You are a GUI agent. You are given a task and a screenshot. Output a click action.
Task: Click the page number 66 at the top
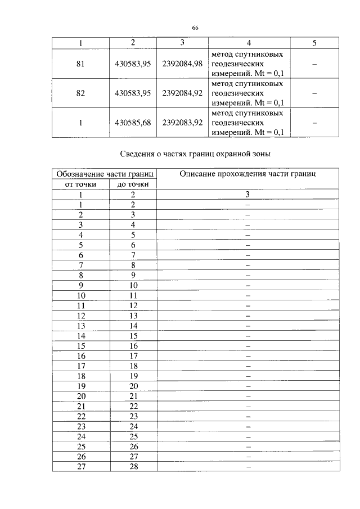point(195,28)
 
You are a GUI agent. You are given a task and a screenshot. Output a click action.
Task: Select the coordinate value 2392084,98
point(182,64)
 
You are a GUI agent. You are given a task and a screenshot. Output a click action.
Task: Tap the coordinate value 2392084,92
point(182,93)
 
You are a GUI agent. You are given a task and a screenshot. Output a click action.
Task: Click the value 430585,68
point(132,123)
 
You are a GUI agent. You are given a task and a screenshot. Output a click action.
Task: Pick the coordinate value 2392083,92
point(182,123)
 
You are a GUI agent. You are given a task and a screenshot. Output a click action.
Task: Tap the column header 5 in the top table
point(314,43)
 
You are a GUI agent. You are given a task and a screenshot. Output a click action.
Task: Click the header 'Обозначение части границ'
point(105,174)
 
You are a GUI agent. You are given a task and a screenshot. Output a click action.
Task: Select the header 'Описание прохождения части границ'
point(247,174)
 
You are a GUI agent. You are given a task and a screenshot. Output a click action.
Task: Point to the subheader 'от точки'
point(81,184)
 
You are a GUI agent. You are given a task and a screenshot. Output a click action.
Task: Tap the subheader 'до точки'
point(133,184)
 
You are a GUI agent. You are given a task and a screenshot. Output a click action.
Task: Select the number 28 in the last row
point(133,466)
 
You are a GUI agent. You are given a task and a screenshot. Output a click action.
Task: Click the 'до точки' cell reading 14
point(133,325)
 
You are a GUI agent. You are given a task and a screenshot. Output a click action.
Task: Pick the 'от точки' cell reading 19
point(81,386)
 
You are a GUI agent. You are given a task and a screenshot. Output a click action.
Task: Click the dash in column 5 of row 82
point(314,94)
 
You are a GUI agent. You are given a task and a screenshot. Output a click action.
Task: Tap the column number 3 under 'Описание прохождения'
point(247,194)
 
